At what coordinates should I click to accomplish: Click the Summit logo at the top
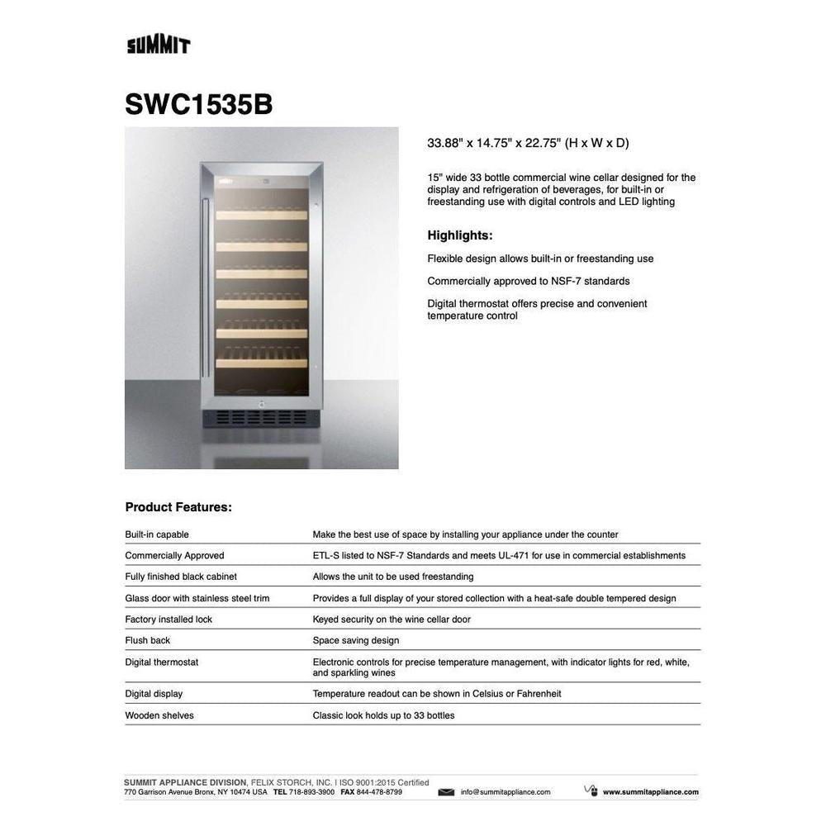pos(159,45)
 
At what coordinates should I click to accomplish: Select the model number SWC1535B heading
pos(198,104)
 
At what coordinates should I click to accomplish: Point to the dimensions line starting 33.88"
pos(528,143)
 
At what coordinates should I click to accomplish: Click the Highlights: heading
pos(459,235)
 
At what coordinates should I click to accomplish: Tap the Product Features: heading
pos(178,507)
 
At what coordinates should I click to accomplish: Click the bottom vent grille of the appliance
pos(261,418)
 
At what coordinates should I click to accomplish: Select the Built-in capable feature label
pos(157,534)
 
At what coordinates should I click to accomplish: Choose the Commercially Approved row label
pos(174,556)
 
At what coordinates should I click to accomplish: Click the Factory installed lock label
pos(169,619)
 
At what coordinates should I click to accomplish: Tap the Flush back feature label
pos(148,640)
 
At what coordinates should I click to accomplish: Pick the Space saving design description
pos(355,640)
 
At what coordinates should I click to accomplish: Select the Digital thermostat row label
pos(162,662)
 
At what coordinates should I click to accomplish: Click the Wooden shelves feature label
pos(159,715)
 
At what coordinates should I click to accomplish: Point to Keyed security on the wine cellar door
pos(392,619)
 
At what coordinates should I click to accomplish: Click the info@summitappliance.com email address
pos(506,792)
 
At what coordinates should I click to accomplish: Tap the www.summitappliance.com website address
pos(650,792)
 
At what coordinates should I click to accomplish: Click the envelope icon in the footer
pos(446,792)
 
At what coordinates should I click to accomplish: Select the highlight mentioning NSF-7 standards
pos(529,281)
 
